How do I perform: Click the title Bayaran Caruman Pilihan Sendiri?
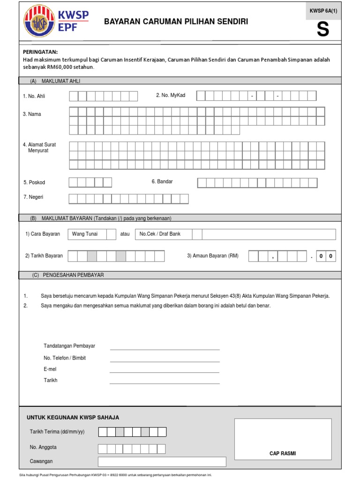point(176,22)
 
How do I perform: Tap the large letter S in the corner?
point(322,30)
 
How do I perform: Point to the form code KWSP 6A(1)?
point(322,10)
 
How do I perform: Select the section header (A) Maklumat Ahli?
point(55,81)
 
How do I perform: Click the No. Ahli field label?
point(34,96)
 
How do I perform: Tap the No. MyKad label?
point(171,95)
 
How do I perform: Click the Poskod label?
point(34,182)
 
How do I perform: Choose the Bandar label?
point(162,181)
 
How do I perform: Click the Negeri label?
point(33,197)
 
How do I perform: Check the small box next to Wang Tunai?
point(111,234)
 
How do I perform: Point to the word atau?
point(125,234)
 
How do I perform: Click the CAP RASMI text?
point(283,453)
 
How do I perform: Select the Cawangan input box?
point(162,462)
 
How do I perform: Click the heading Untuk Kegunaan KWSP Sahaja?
point(73,417)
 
